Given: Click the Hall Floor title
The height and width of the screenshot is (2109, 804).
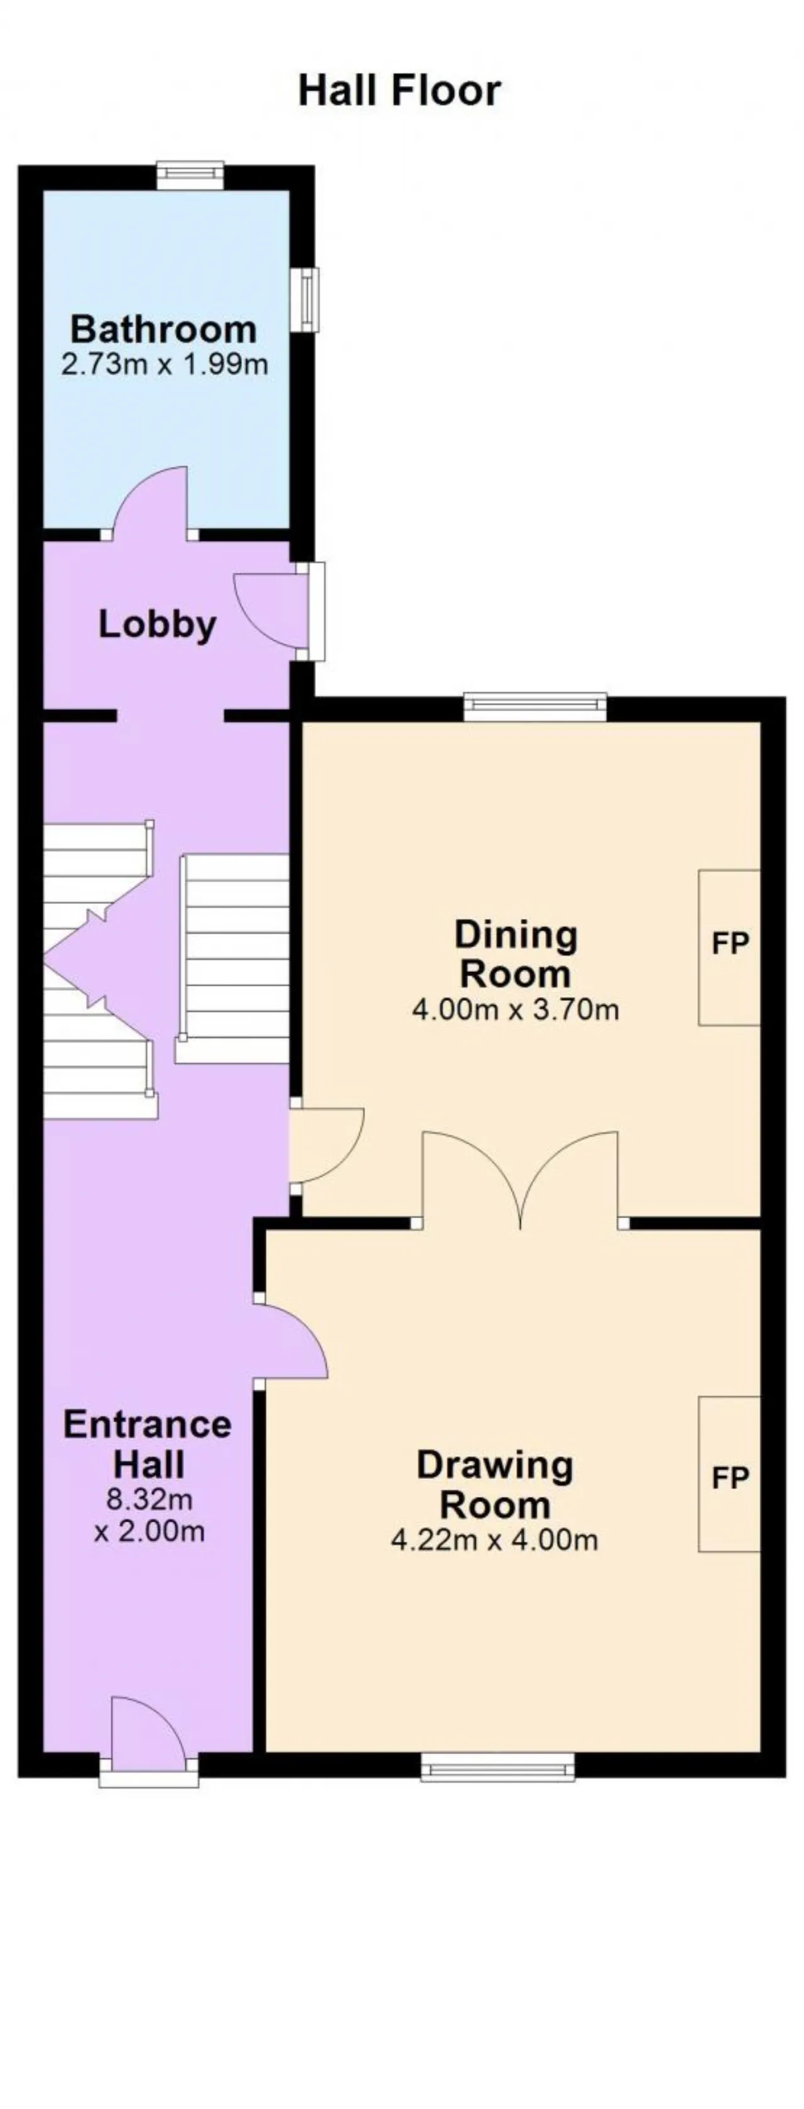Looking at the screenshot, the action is [x=399, y=90].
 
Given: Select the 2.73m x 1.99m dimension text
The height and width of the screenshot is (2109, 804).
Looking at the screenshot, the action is [x=165, y=364].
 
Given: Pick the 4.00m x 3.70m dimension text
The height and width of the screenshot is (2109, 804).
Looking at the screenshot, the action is [x=515, y=1009].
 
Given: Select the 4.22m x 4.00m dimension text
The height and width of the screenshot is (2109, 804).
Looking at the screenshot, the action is [x=494, y=1540].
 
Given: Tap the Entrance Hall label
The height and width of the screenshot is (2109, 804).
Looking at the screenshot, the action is [x=148, y=1444].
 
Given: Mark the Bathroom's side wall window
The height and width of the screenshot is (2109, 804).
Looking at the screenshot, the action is [x=305, y=300].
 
